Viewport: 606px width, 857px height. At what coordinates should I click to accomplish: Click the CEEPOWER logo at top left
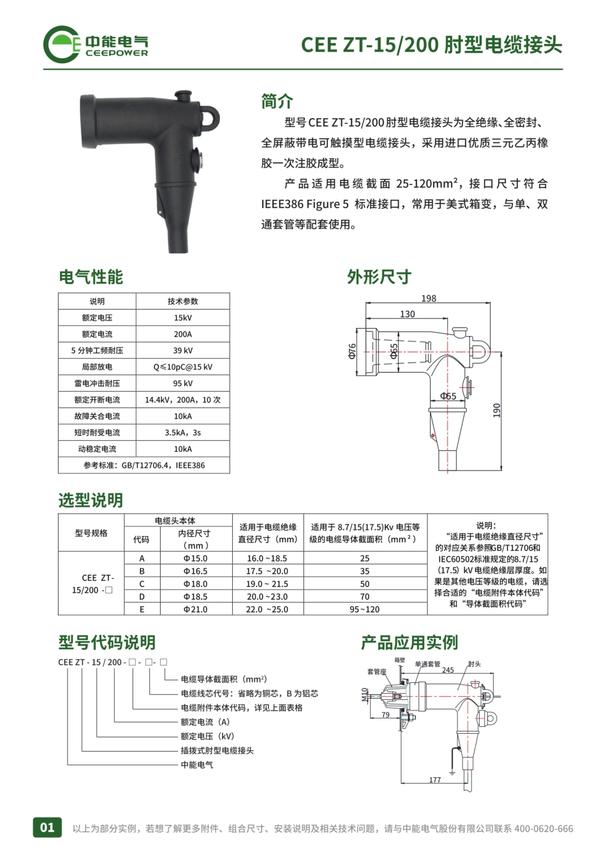pyautogui.click(x=96, y=44)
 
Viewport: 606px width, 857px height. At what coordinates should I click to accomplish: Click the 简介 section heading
pyautogui.click(x=277, y=101)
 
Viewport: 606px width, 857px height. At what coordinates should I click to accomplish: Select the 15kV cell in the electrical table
pyautogui.click(x=182, y=318)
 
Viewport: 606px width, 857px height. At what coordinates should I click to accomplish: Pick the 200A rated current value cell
pyautogui.click(x=182, y=334)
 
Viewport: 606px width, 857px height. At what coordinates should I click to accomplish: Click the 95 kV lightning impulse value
pyautogui.click(x=182, y=384)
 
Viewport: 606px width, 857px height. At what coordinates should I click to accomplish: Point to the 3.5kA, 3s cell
pyautogui.click(x=182, y=433)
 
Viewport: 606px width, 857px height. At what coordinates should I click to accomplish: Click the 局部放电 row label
pyautogui.click(x=97, y=367)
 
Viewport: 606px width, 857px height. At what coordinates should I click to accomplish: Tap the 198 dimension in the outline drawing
pyautogui.click(x=429, y=298)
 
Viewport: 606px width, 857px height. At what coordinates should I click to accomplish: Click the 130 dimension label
pyautogui.click(x=407, y=314)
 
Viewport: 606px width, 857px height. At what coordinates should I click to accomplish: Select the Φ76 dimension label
pyautogui.click(x=352, y=351)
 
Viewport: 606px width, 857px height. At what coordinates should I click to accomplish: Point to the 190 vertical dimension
pyautogui.click(x=497, y=410)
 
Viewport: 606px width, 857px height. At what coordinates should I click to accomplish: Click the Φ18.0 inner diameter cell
pyautogui.click(x=195, y=584)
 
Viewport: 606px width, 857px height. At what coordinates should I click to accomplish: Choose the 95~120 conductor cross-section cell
pyautogui.click(x=364, y=609)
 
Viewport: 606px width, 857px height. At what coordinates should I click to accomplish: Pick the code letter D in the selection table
pyautogui.click(x=142, y=597)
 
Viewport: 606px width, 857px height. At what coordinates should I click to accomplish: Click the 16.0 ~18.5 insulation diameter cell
pyautogui.click(x=267, y=558)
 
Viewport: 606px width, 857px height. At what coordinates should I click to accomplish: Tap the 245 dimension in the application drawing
pyautogui.click(x=448, y=670)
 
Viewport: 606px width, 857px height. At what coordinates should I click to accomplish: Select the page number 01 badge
pyautogui.click(x=48, y=828)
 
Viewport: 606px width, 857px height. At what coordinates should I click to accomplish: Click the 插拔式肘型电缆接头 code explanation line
pyautogui.click(x=217, y=750)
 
